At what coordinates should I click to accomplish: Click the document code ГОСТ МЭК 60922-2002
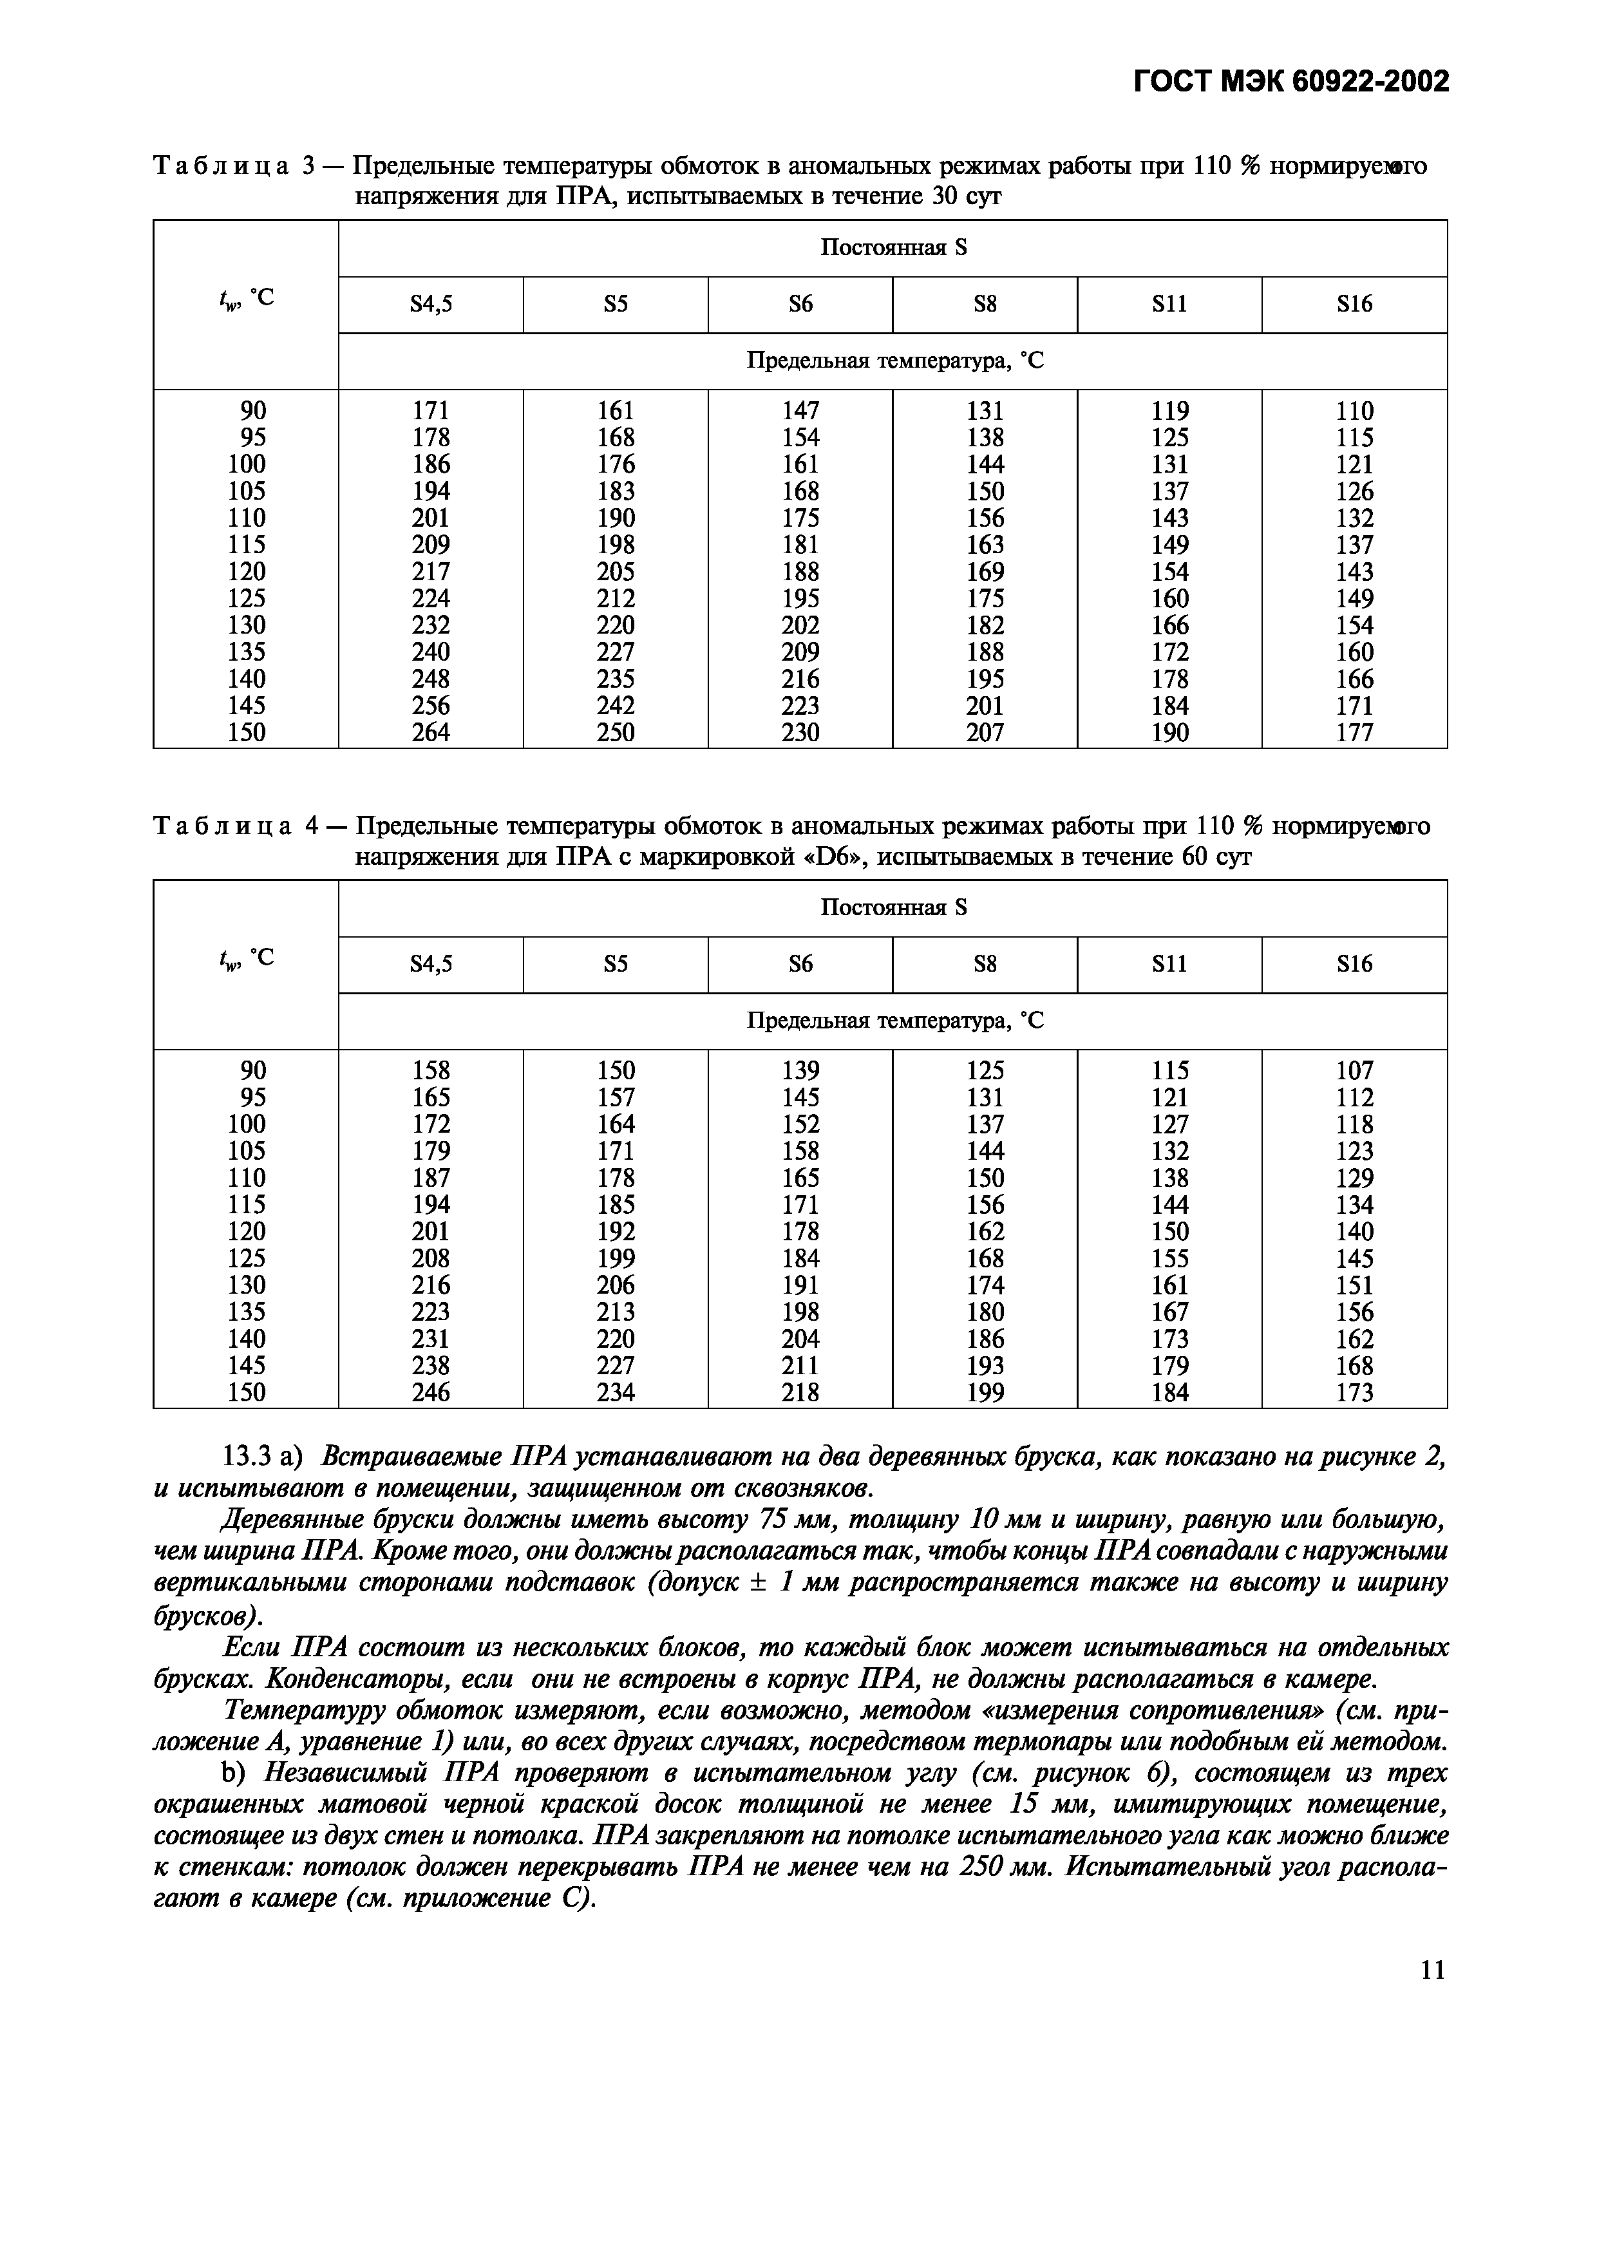(1291, 80)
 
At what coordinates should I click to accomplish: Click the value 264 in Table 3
(431, 733)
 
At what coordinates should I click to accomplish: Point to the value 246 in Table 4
(431, 1392)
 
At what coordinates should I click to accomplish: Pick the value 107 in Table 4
(1354, 1070)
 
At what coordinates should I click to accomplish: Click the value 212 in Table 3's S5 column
(616, 599)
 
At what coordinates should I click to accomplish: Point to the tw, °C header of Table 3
(246, 297)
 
